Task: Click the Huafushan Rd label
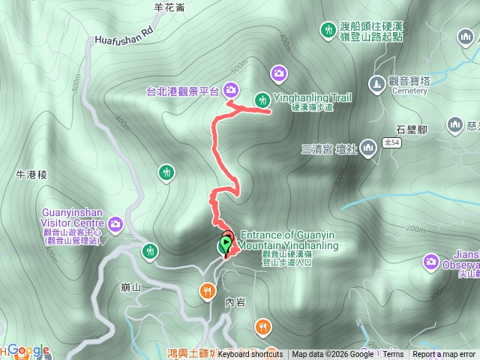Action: (124, 37)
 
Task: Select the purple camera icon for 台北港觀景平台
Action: (231, 90)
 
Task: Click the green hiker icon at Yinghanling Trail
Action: (262, 99)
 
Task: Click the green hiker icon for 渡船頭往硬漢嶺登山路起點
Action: (328, 30)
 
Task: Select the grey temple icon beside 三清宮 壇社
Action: (368, 147)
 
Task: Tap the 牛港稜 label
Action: (31, 175)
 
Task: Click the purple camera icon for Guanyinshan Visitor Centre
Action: (115, 223)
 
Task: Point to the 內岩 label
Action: (235, 301)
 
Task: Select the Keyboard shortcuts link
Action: (250, 354)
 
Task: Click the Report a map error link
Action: (445, 354)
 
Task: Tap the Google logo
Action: (28, 350)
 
